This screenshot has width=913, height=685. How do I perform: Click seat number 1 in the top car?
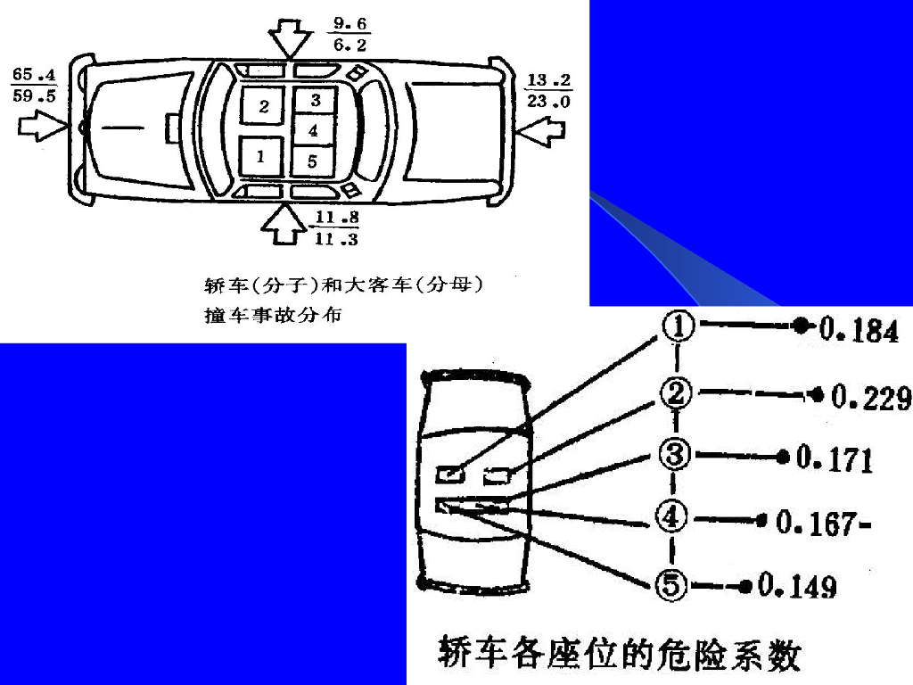[x=261, y=155]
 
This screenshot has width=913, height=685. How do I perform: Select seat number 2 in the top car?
[x=264, y=107]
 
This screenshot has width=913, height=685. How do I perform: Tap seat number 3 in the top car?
[x=316, y=101]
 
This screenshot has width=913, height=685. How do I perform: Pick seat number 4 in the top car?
[x=313, y=130]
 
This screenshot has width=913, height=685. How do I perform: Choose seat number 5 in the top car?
[x=312, y=161]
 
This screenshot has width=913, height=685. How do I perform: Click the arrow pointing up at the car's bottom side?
[x=284, y=223]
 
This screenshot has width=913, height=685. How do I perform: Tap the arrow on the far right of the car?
[x=541, y=130]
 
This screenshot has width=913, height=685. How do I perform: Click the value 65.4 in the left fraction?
[x=34, y=74]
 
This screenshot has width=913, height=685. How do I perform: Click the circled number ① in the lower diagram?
[x=678, y=328]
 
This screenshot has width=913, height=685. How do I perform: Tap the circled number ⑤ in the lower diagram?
[x=671, y=585]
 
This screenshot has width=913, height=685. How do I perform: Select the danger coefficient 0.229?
[x=870, y=397]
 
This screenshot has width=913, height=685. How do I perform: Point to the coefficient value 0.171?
[x=835, y=459]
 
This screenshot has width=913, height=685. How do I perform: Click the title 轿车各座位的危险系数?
[x=620, y=655]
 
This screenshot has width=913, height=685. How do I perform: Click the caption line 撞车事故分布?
[x=273, y=315]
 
